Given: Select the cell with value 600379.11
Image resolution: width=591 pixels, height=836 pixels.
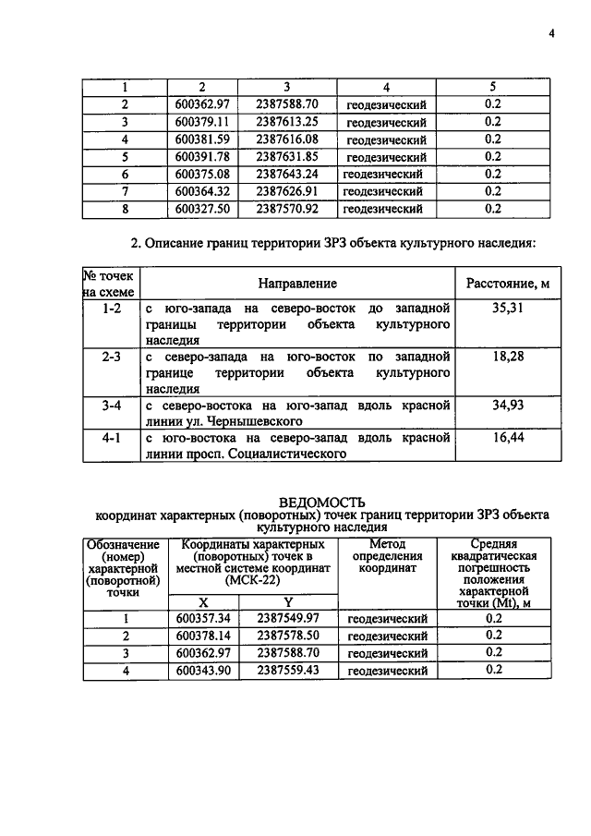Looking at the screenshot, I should (201, 122).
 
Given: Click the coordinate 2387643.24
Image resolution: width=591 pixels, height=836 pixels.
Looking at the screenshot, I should (287, 174).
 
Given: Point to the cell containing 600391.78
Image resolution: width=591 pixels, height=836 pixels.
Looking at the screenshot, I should (201, 157).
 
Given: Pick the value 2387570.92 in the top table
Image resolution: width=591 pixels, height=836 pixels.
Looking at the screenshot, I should (287, 209).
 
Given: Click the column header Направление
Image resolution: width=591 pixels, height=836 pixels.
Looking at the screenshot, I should (297, 284).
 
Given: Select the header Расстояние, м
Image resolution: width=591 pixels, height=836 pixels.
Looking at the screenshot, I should (504, 284).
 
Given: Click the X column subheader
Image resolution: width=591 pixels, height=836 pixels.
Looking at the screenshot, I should (202, 601).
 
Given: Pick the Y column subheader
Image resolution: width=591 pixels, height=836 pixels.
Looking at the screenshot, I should (287, 601).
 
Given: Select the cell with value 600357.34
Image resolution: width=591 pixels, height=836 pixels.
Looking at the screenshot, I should (201, 618).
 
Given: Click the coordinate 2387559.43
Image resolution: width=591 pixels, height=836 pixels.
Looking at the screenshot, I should (287, 671).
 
